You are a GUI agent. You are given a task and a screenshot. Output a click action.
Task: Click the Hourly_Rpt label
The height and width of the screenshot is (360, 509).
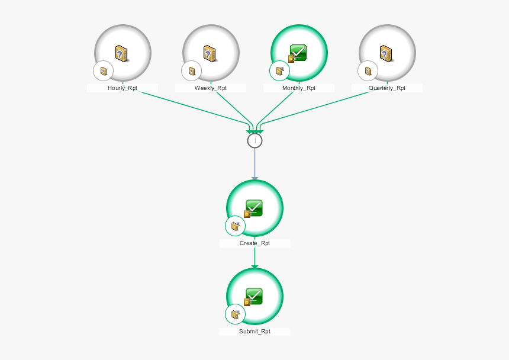click(x=123, y=88)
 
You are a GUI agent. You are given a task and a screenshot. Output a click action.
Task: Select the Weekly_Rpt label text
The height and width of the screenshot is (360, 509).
click(x=211, y=88)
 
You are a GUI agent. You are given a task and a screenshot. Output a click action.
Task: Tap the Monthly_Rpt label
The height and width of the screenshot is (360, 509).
click(x=299, y=88)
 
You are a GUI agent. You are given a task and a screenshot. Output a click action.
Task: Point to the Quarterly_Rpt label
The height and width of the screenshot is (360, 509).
click(x=387, y=88)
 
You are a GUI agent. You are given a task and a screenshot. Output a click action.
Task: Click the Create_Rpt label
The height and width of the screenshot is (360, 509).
click(x=254, y=243)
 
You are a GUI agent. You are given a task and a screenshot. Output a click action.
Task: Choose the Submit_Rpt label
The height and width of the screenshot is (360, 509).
click(x=254, y=332)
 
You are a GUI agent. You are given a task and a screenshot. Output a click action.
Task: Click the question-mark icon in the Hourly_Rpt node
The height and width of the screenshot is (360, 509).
click(x=123, y=54)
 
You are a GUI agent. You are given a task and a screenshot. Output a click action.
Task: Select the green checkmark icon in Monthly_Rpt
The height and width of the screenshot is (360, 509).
click(x=298, y=53)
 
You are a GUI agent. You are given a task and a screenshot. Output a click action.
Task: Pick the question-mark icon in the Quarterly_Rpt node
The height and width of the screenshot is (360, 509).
click(x=386, y=54)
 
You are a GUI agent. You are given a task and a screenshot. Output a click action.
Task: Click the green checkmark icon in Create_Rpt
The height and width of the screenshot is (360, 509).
click(x=254, y=208)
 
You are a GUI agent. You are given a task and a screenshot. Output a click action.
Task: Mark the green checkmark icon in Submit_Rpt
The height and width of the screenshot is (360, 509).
click(x=254, y=295)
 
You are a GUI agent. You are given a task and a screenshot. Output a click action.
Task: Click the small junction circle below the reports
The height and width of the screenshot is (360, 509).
click(x=254, y=140)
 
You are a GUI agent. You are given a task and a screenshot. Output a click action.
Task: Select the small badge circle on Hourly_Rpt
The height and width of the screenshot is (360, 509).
click(x=103, y=72)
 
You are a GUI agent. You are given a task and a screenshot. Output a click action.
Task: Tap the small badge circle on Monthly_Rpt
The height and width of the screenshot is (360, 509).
click(x=279, y=72)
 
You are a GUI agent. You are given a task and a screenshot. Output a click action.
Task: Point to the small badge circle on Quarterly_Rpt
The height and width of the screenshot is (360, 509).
click(x=368, y=72)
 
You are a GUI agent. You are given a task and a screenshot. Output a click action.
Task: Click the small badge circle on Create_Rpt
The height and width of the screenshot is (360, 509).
click(x=235, y=226)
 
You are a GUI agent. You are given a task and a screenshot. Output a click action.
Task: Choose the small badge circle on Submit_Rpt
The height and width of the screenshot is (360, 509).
click(x=235, y=314)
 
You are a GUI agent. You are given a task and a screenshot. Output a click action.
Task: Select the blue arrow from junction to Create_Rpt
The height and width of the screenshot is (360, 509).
click(x=254, y=163)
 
